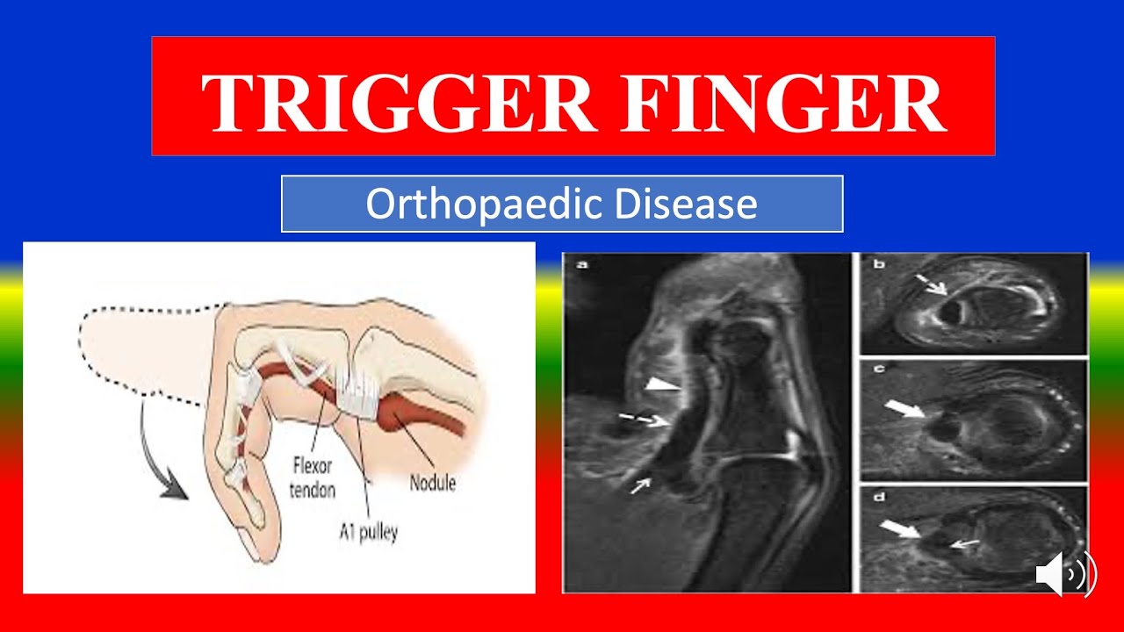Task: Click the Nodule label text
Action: point(433,482)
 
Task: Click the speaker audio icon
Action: point(1065,575)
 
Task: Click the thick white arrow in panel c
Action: point(904,409)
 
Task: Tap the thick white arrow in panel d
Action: point(900,528)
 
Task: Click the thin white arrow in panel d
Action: point(964,545)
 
